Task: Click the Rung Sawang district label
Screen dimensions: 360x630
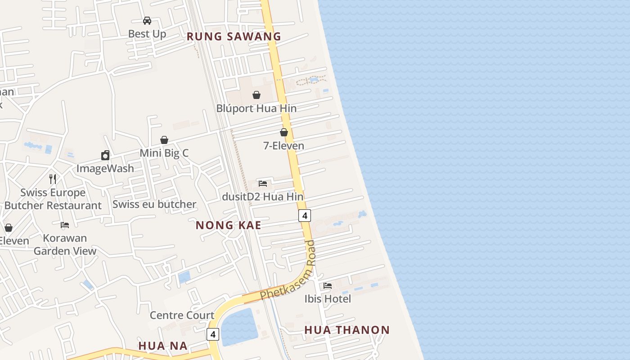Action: click(x=234, y=36)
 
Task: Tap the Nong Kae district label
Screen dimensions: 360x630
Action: click(x=228, y=225)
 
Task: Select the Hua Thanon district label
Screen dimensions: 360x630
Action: click(x=347, y=330)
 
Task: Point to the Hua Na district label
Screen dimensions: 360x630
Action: click(x=162, y=346)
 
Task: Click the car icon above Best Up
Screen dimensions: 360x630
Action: click(x=147, y=21)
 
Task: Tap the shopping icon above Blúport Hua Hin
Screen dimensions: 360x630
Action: click(x=256, y=95)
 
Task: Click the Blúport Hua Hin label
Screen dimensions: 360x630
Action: click(x=256, y=108)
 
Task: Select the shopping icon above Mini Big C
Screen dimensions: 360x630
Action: click(x=164, y=140)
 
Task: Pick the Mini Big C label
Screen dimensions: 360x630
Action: click(x=164, y=153)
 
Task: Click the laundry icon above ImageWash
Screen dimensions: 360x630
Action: click(x=105, y=155)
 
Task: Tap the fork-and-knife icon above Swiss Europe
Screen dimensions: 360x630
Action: click(x=53, y=179)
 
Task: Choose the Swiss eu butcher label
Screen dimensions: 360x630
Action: click(x=154, y=204)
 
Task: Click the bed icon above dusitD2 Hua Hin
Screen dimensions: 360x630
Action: click(x=263, y=184)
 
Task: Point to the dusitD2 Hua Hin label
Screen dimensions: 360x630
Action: click(x=263, y=197)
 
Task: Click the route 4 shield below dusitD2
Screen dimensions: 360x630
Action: click(x=305, y=216)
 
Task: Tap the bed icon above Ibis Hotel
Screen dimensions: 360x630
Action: click(x=328, y=286)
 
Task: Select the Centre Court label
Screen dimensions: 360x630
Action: click(x=182, y=315)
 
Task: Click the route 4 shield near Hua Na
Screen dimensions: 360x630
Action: click(x=213, y=334)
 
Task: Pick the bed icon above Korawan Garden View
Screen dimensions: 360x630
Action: click(x=65, y=225)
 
